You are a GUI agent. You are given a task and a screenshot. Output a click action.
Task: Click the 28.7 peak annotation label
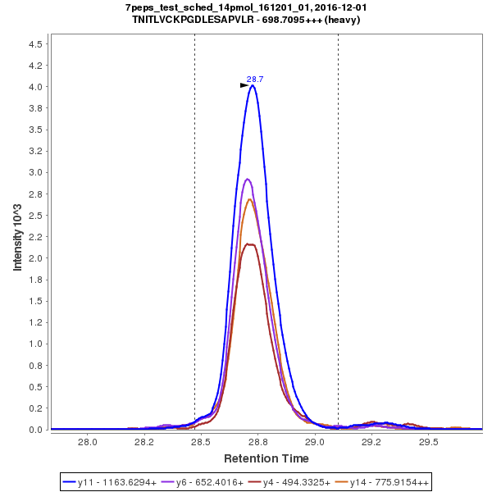pos(255,79)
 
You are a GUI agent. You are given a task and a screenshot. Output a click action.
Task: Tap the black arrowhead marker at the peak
pos(244,84)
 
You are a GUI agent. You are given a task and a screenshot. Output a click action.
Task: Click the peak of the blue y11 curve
pos(253,85)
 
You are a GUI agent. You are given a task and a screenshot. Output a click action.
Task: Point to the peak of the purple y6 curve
pos(248,179)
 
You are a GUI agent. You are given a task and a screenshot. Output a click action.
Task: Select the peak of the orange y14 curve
pos(250,199)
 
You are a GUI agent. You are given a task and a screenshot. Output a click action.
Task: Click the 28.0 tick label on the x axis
pos(87,441)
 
